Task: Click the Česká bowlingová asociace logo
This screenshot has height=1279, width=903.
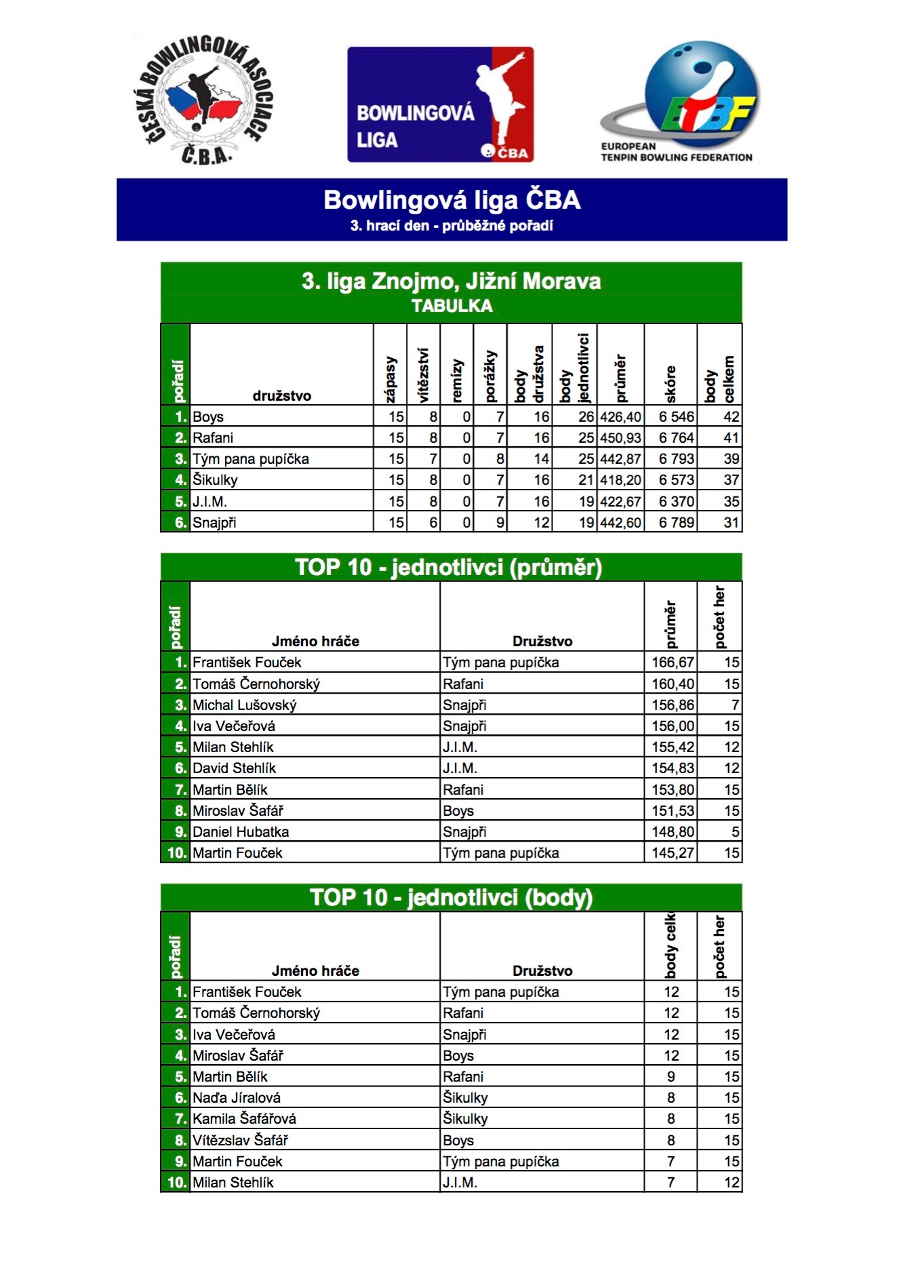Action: pyautogui.click(x=203, y=100)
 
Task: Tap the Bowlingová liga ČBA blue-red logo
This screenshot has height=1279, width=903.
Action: pyautogui.click(x=441, y=104)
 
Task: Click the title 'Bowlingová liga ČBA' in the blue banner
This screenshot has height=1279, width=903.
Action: pyautogui.click(x=451, y=200)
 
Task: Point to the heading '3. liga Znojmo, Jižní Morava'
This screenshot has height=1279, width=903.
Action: pyautogui.click(x=451, y=281)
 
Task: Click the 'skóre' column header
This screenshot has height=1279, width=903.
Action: pyautogui.click(x=670, y=384)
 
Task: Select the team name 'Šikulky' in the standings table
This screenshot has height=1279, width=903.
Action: pyautogui.click(x=215, y=480)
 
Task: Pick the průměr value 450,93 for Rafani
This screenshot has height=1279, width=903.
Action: pyautogui.click(x=620, y=438)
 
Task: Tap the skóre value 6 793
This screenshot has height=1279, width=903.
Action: pyautogui.click(x=676, y=459)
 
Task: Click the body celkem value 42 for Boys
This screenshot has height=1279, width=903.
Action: pyautogui.click(x=731, y=417)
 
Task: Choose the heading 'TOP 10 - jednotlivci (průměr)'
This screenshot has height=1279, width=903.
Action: pyautogui.click(x=449, y=568)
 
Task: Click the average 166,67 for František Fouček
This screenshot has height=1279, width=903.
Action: pyautogui.click(x=673, y=663)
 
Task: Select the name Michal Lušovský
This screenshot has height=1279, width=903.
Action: pyautogui.click(x=245, y=705)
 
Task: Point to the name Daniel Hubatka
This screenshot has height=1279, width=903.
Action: pyautogui.click(x=241, y=832)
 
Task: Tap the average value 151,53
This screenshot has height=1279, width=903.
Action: pyautogui.click(x=673, y=811)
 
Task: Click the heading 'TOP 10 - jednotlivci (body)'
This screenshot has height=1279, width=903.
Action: pyautogui.click(x=451, y=898)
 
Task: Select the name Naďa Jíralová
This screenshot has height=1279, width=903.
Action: pyautogui.click(x=237, y=1098)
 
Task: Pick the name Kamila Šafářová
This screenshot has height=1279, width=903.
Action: pyautogui.click(x=244, y=1119)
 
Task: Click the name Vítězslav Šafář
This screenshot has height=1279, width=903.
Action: pyautogui.click(x=240, y=1141)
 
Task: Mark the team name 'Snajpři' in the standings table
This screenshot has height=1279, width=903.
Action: pyautogui.click(x=214, y=523)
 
